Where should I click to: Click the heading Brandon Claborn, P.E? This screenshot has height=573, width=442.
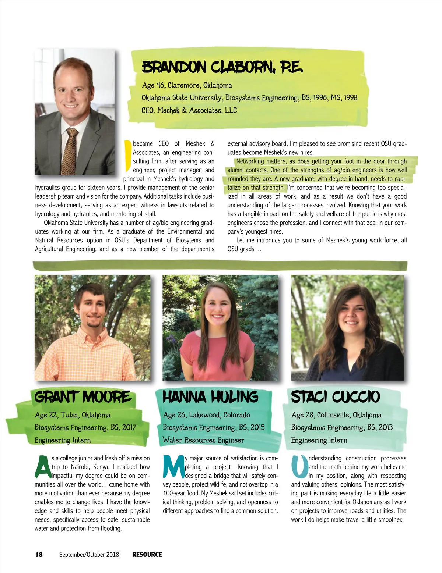[x=222, y=67]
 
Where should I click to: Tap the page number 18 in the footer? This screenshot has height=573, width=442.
[x=39, y=555]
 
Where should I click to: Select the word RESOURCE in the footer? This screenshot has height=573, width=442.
[x=147, y=555]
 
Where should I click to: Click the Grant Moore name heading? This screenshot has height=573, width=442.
[x=83, y=397]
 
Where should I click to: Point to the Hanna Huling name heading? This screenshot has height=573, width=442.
[x=210, y=397]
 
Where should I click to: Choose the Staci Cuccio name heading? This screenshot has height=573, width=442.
[x=335, y=397]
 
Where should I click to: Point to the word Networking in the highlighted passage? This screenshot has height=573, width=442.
[x=250, y=161]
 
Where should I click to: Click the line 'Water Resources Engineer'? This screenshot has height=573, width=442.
[x=203, y=440]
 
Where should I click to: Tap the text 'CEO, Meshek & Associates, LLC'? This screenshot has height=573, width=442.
[x=189, y=110]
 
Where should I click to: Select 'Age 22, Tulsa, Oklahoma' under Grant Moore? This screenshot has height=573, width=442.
[x=73, y=415]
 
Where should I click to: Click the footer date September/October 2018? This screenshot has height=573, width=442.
[x=89, y=555]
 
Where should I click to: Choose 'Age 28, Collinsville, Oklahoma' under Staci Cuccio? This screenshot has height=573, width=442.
[x=336, y=415]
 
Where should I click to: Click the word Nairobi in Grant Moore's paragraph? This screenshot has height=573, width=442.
[x=83, y=467]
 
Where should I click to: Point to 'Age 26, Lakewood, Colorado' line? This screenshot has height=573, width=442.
[x=207, y=415]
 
